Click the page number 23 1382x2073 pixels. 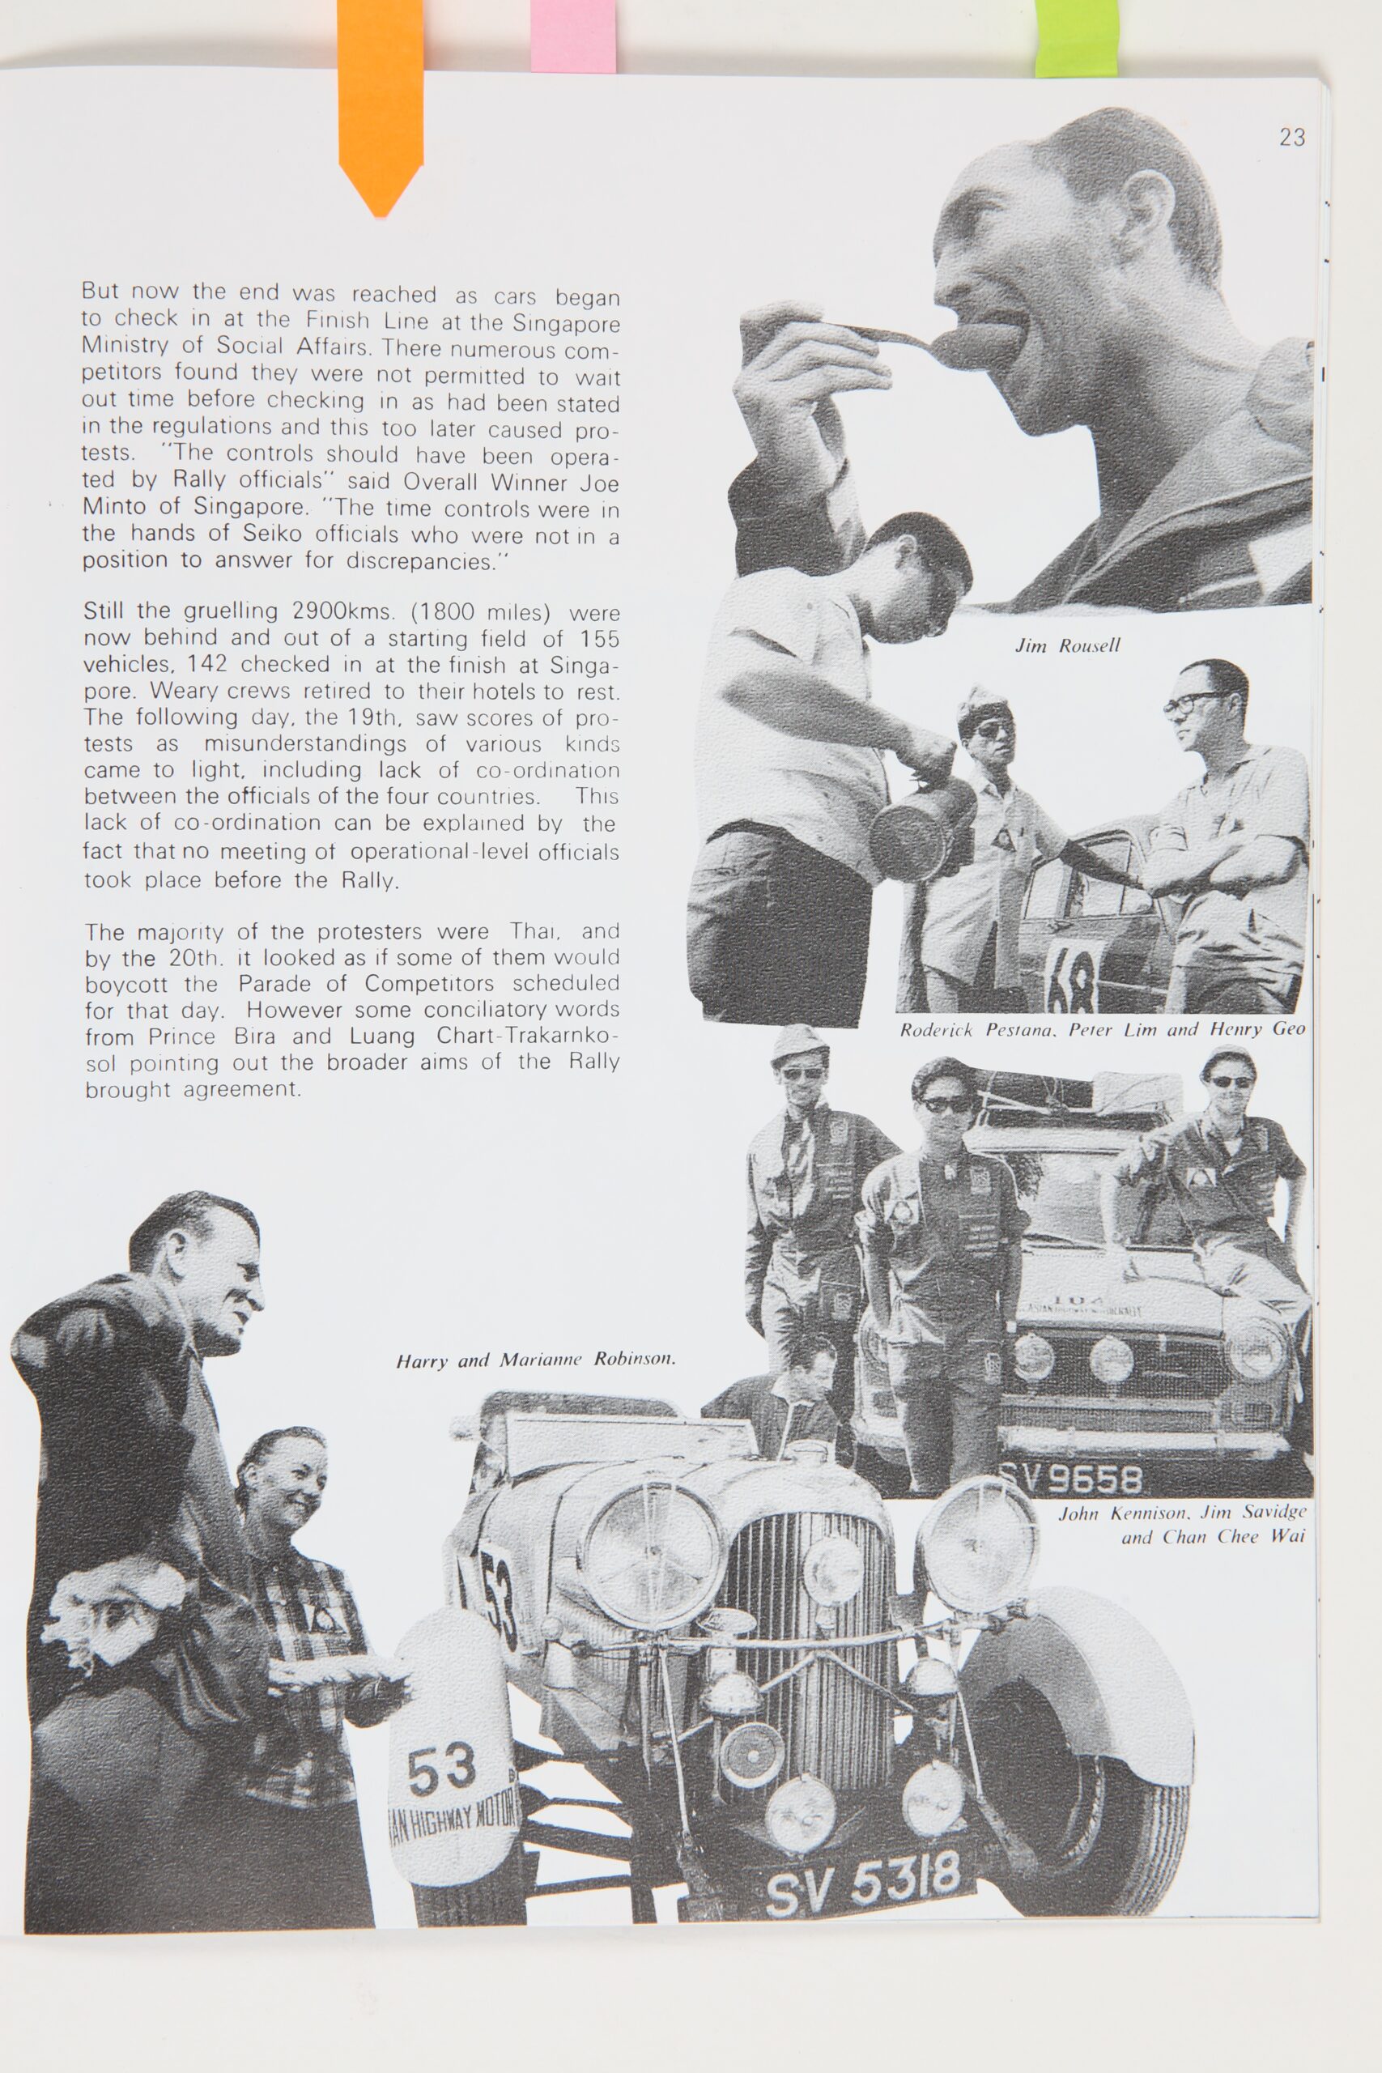(x=1291, y=138)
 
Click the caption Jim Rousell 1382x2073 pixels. (x=1067, y=645)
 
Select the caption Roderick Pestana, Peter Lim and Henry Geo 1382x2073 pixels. (x=1102, y=1029)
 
